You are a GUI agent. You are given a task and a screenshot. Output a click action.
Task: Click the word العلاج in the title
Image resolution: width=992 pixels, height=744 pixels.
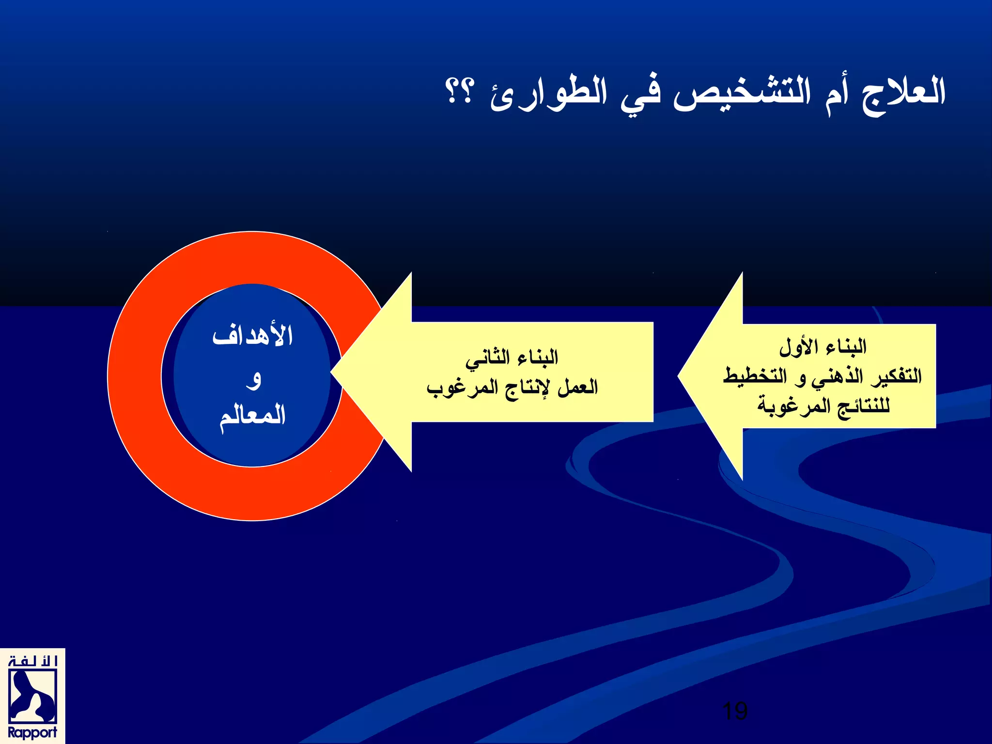click(903, 93)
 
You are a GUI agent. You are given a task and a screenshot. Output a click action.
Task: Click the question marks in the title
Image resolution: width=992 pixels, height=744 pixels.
click(458, 91)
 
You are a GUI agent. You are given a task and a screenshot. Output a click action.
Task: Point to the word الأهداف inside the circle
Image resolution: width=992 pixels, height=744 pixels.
click(252, 335)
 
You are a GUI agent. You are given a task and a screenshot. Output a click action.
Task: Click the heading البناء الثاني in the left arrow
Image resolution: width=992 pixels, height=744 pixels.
click(512, 357)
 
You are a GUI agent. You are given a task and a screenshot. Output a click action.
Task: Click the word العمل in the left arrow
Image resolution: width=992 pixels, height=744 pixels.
click(577, 387)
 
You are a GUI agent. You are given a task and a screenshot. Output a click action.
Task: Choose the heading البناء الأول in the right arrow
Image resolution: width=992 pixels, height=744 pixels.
click(822, 346)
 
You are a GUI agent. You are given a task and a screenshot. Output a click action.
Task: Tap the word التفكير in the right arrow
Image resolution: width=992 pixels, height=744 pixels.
click(896, 376)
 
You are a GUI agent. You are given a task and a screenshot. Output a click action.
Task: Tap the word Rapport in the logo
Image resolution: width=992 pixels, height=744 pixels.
click(32, 732)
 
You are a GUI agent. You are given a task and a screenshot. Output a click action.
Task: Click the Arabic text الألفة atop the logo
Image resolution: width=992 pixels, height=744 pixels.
click(32, 661)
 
